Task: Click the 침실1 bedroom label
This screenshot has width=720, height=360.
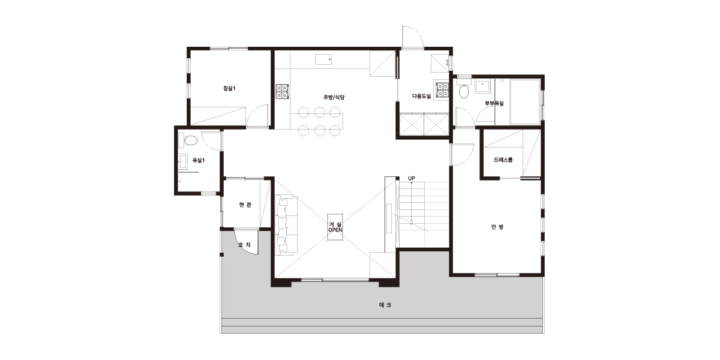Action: pyautogui.click(x=229, y=88)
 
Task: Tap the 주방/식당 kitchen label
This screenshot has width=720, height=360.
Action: pyautogui.click(x=334, y=97)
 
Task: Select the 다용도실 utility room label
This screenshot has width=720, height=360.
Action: pyautogui.click(x=421, y=96)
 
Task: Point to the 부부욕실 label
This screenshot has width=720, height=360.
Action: pyautogui.click(x=494, y=103)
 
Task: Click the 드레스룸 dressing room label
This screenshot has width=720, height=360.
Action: pyautogui.click(x=503, y=160)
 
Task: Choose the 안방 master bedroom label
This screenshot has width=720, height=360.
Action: pyautogui.click(x=497, y=227)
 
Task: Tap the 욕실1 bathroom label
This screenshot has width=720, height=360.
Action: pyautogui.click(x=199, y=160)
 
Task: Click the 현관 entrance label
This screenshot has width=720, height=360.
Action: pyautogui.click(x=245, y=205)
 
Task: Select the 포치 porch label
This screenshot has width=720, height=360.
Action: pyautogui.click(x=244, y=245)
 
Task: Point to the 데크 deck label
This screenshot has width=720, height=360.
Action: pyautogui.click(x=385, y=305)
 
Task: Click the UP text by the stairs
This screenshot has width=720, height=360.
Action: pyautogui.click(x=412, y=178)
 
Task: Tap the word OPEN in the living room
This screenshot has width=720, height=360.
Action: pyautogui.click(x=335, y=230)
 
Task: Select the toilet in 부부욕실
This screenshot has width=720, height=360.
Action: pyautogui.click(x=464, y=89)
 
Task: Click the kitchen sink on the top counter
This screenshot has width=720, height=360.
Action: pyautogui.click(x=323, y=59)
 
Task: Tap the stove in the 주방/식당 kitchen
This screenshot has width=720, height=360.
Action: pyautogui.click(x=283, y=92)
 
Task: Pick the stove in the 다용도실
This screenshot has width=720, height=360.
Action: pyautogui.click(x=442, y=90)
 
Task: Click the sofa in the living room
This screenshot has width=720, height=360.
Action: pyautogui.click(x=286, y=225)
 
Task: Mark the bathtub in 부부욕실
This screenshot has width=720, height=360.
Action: pyautogui.click(x=524, y=101)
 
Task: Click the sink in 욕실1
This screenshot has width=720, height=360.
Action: pyautogui.click(x=183, y=161)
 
